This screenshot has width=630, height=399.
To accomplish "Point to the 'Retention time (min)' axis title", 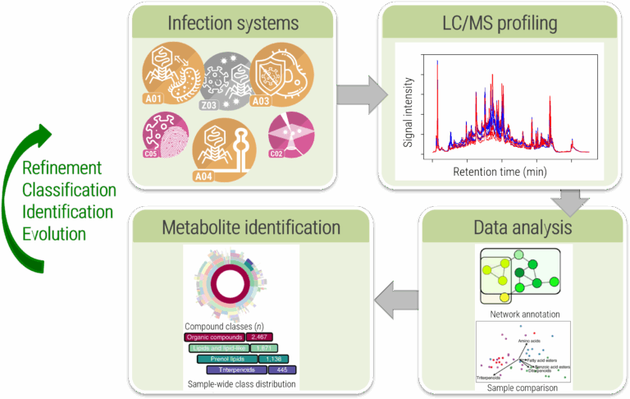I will (x=500, y=172).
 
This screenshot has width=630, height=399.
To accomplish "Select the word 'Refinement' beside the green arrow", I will (x=62, y=168).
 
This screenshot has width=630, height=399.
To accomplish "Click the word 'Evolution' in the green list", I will (x=54, y=233).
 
